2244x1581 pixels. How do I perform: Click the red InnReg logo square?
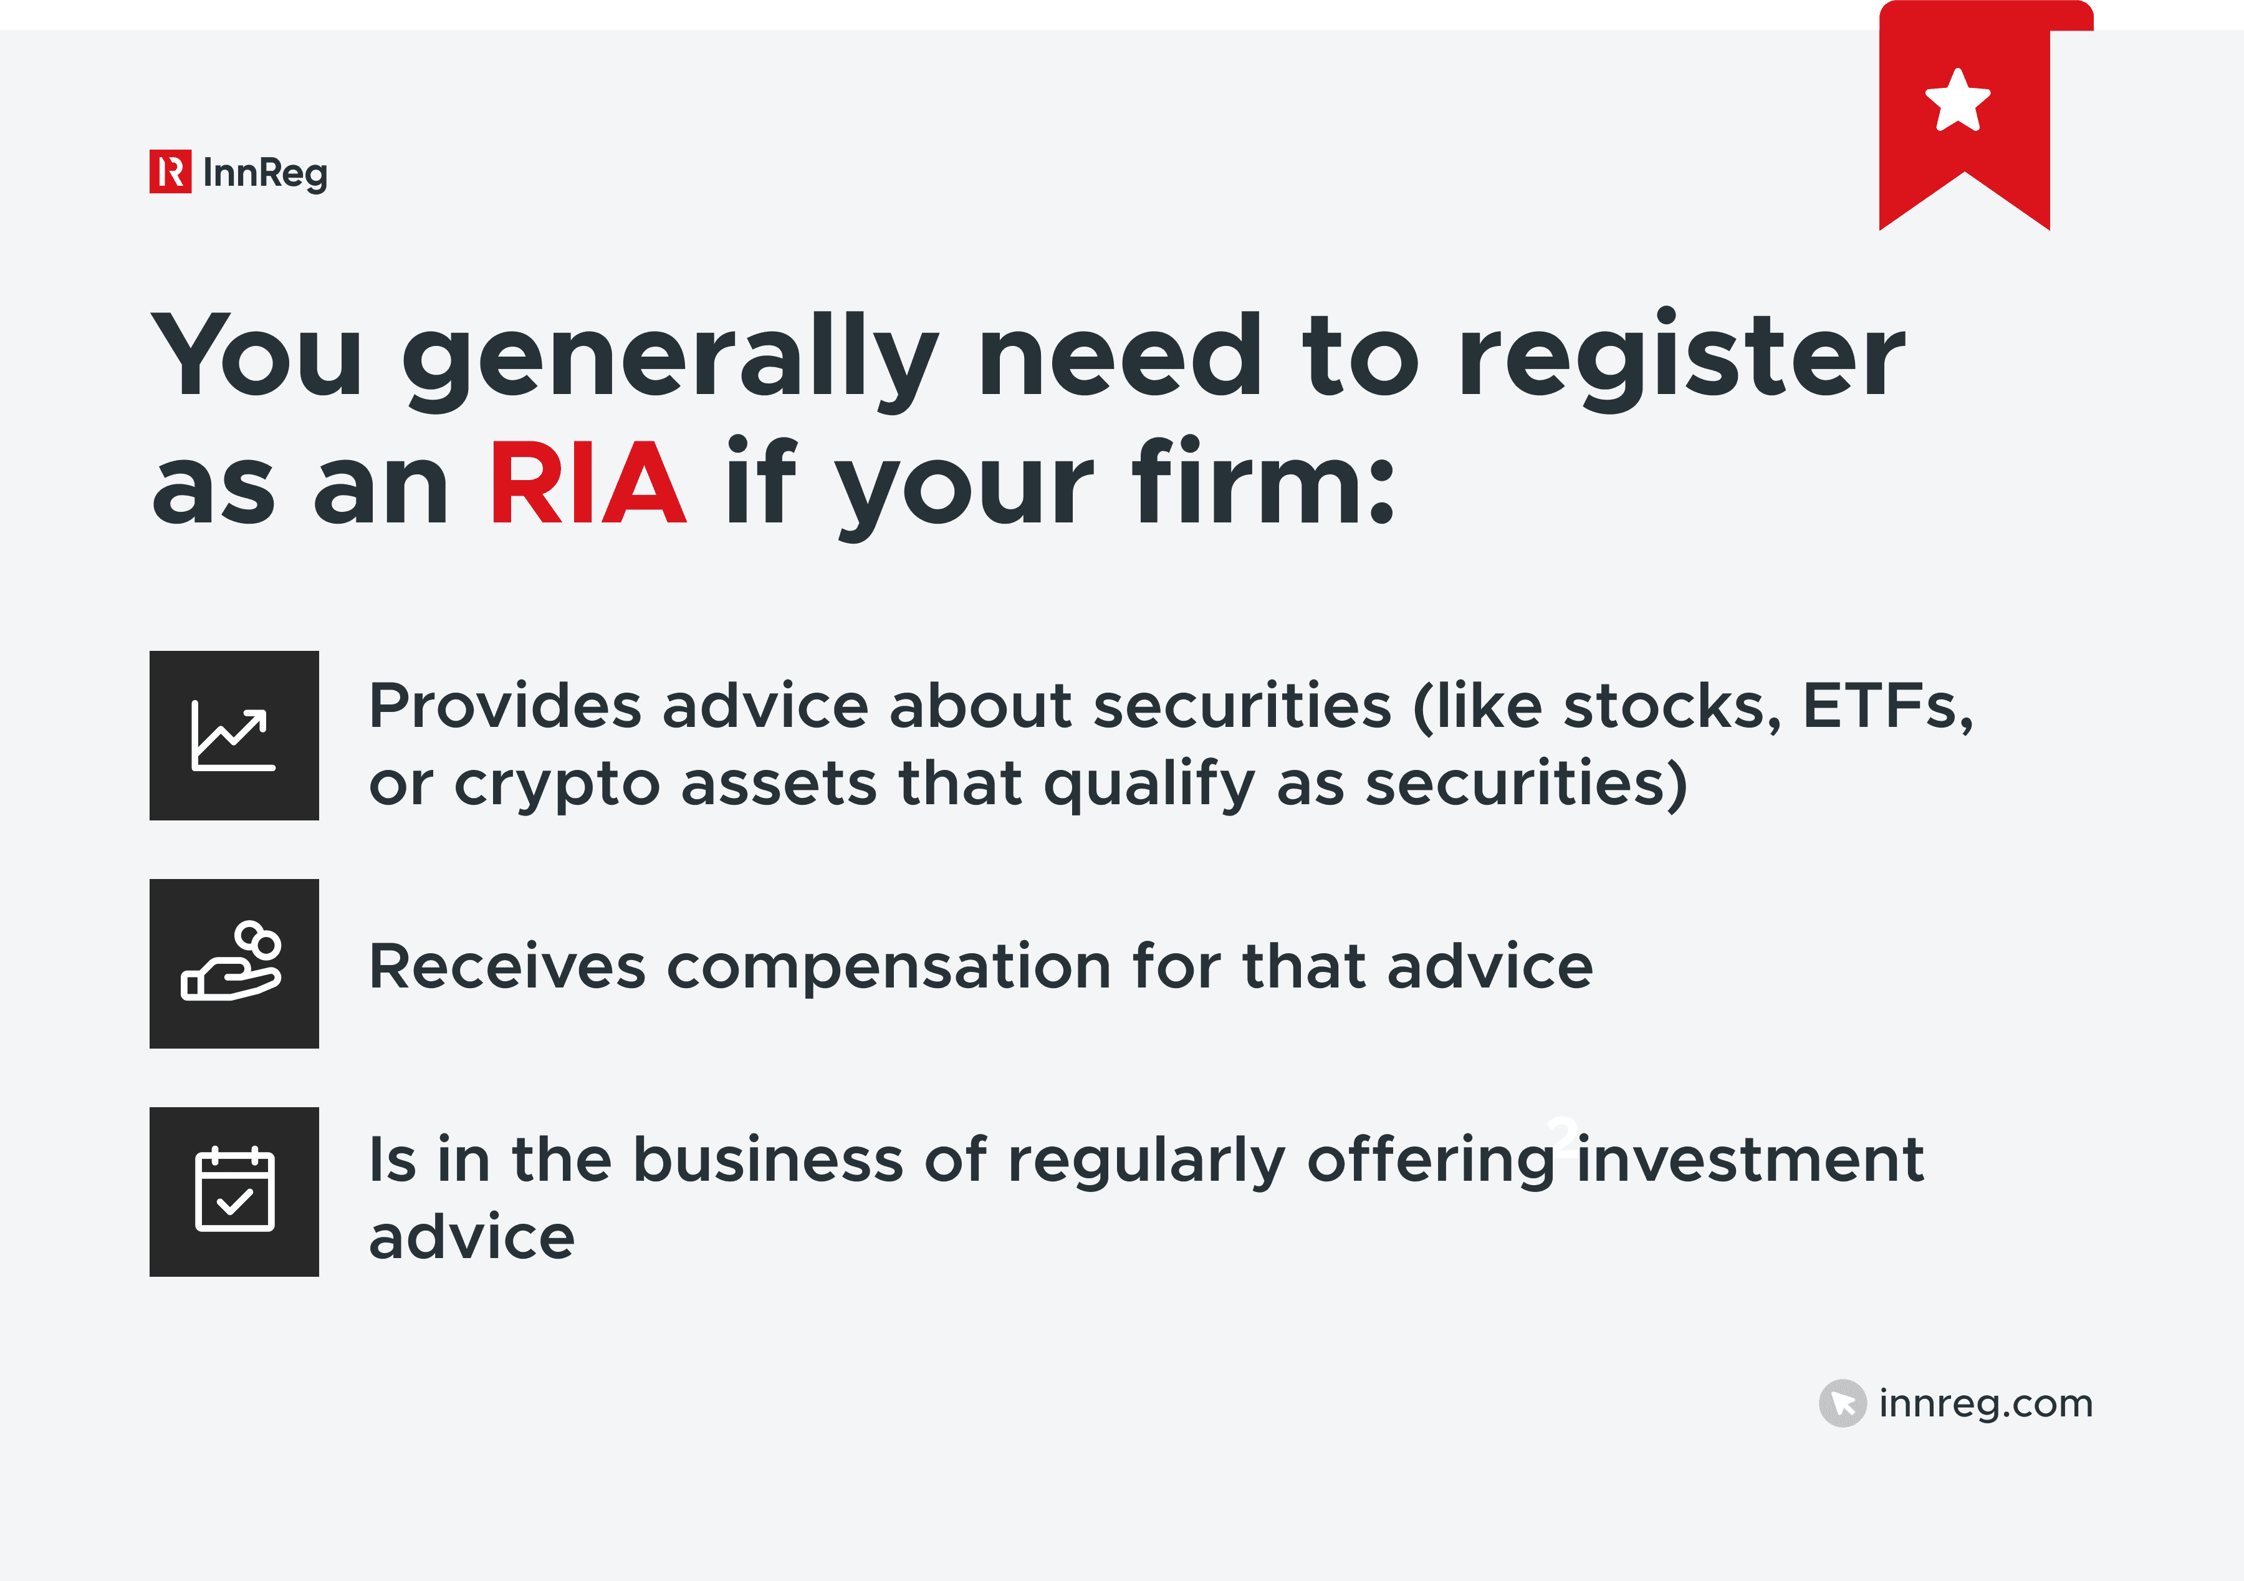(x=170, y=172)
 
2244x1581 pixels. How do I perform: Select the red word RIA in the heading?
(x=587, y=483)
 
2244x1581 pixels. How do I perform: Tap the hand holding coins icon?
(x=234, y=963)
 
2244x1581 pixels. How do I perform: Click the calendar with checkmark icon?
(x=234, y=1191)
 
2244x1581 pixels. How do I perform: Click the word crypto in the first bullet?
(x=557, y=785)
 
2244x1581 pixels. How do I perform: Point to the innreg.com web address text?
(x=1985, y=1403)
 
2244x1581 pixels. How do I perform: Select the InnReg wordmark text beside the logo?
(x=265, y=173)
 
